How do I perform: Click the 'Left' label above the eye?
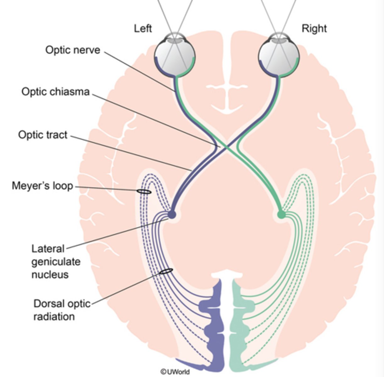(143, 29)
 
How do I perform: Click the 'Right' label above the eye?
(314, 29)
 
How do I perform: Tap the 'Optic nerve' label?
(73, 50)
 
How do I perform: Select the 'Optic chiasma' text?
(55, 92)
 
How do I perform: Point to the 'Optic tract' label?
(43, 135)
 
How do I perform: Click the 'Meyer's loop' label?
(42, 186)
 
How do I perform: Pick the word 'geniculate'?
(56, 262)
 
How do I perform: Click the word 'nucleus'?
(50, 274)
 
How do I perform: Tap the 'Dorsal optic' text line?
(62, 304)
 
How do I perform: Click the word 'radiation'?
(54, 316)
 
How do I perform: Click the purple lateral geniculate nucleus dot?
(171, 215)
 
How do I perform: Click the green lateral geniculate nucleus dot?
(281, 215)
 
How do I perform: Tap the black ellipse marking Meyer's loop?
(144, 191)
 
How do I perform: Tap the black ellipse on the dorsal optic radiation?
(166, 271)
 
